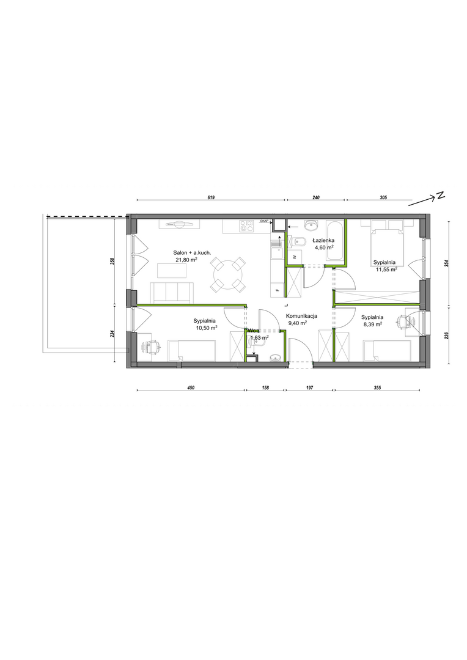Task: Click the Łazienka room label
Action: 323,241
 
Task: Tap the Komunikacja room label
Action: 301,316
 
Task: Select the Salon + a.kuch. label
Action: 192,252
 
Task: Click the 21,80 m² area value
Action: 187,260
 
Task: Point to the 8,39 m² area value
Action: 372,324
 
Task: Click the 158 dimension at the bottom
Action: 266,387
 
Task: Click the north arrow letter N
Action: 440,196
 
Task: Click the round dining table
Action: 228,275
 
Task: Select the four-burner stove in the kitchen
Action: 246,226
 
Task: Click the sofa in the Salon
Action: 172,293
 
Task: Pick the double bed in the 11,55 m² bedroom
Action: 386,243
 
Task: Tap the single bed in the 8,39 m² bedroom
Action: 387,351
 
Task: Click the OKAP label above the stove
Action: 265,221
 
